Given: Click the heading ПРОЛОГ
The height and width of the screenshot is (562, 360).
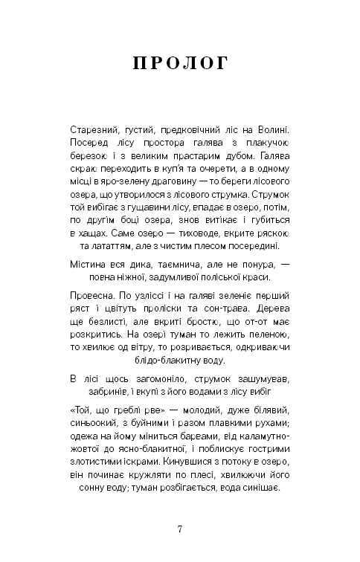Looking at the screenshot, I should [180, 64].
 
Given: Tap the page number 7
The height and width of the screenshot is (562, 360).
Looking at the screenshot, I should [180, 529].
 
